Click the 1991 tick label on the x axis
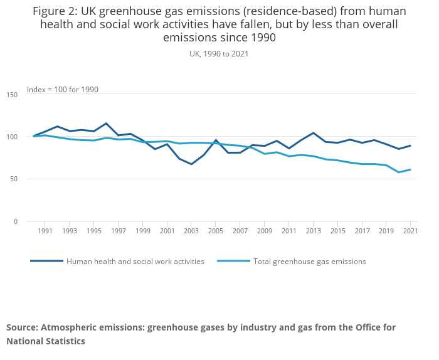point(45,231)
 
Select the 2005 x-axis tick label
point(215,231)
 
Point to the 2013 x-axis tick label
point(312,231)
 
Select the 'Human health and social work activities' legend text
point(135,262)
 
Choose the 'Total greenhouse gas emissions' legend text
point(309,262)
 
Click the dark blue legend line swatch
point(46,261)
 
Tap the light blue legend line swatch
point(233,261)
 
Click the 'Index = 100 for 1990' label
point(63,90)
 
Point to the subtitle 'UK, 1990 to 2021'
point(219,54)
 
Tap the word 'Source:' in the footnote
point(24,327)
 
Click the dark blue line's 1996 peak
point(106,124)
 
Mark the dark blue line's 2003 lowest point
point(191,164)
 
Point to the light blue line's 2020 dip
point(398,172)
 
